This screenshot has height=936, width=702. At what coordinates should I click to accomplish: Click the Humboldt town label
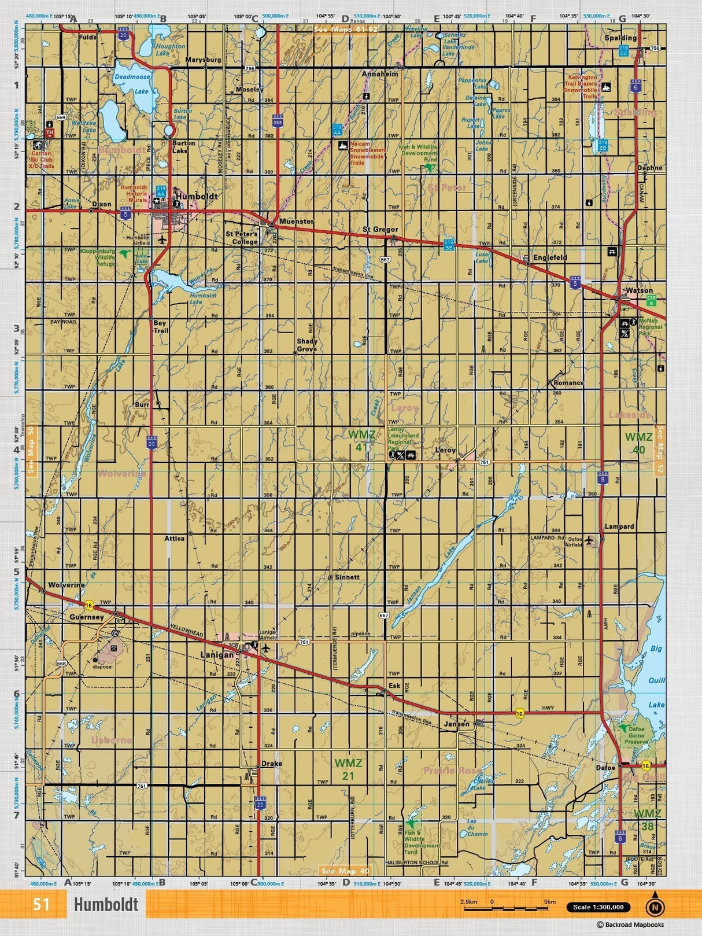click(x=197, y=197)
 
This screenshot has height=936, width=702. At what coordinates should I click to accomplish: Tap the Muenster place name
click(x=296, y=222)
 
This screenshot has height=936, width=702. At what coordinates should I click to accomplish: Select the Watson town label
click(x=639, y=291)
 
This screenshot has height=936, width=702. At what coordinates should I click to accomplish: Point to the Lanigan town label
click(x=217, y=655)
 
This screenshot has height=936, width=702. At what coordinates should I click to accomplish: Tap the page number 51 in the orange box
click(x=41, y=904)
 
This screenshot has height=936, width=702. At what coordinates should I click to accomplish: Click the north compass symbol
click(x=655, y=906)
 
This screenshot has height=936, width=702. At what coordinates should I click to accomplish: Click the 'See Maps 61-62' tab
click(x=345, y=28)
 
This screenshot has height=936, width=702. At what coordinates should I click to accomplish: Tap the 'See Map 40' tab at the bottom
click(x=345, y=871)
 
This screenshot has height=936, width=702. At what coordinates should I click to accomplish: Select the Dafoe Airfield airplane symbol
click(x=589, y=541)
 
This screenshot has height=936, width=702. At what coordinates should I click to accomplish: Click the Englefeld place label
click(x=550, y=257)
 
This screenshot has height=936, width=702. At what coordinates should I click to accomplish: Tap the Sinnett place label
click(x=347, y=577)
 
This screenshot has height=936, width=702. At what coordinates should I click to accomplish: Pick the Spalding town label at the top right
click(x=620, y=38)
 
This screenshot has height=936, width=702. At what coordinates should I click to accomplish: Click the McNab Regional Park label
click(x=650, y=327)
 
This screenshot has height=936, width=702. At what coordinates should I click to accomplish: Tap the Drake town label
click(x=271, y=764)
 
